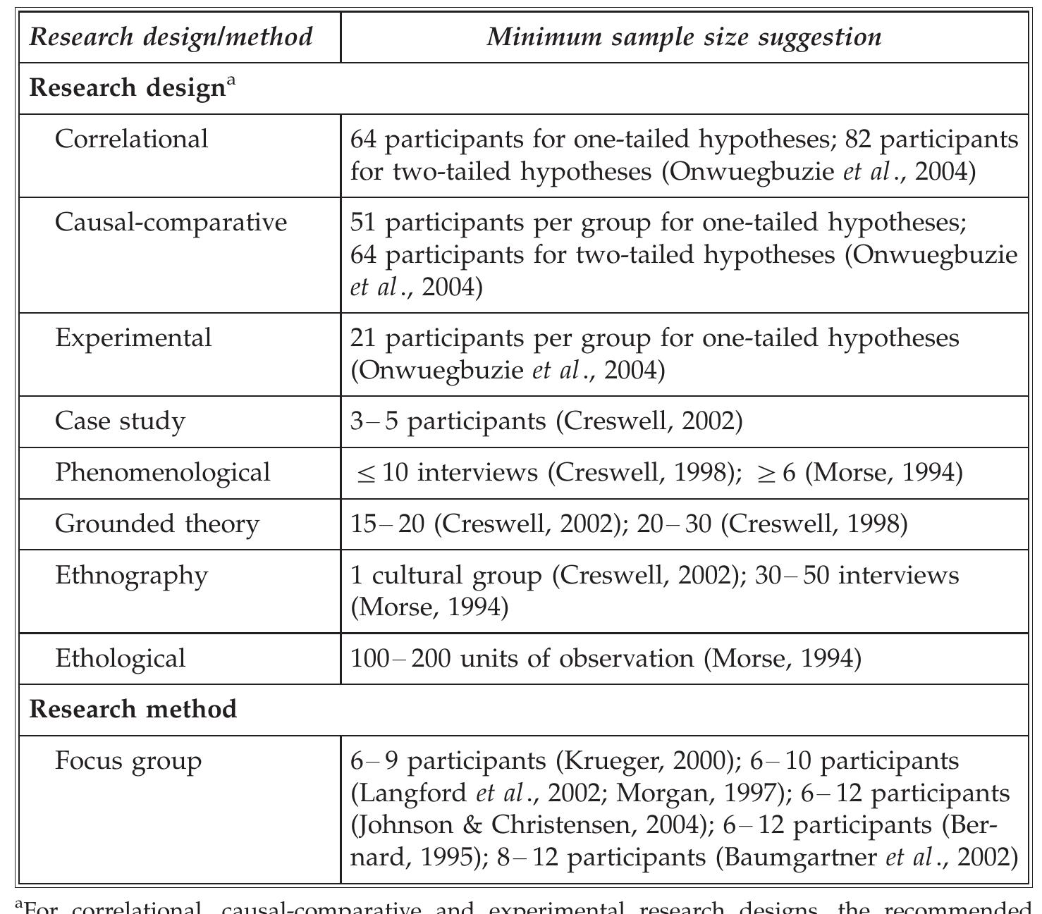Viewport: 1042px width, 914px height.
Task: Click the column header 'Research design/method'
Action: (x=171, y=37)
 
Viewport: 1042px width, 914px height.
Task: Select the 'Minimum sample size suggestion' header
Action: (x=684, y=37)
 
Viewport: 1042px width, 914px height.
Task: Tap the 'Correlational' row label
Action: (x=132, y=139)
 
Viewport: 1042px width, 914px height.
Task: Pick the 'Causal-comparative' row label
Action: (x=171, y=222)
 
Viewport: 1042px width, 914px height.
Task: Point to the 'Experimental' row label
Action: (x=133, y=338)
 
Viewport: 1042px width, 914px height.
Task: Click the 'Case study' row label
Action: (x=120, y=421)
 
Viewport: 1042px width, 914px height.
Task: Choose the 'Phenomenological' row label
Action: (x=163, y=472)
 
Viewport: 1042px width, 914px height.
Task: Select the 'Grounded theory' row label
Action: (x=157, y=524)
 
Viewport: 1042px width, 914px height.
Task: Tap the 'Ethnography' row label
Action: (x=132, y=575)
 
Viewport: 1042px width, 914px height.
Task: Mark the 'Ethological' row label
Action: (x=121, y=658)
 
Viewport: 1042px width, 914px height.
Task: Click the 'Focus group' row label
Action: (x=128, y=761)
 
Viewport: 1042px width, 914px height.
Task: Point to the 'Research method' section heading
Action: (x=133, y=709)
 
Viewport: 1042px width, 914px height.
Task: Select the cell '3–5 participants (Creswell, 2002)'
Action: (x=546, y=421)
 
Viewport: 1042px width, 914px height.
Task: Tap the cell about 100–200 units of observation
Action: (x=606, y=658)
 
